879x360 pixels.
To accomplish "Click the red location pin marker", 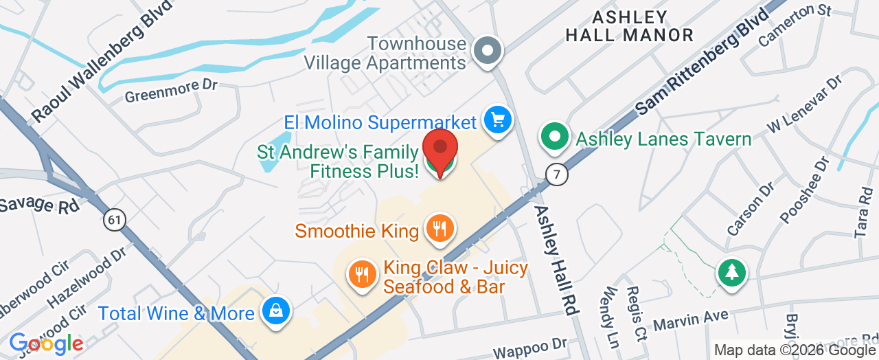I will point(440,148).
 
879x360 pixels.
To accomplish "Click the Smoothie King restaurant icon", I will point(439,227).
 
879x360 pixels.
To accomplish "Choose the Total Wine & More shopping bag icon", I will point(276,312).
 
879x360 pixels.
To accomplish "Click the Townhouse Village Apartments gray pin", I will point(488,50).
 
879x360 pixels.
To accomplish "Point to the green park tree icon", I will point(732,273).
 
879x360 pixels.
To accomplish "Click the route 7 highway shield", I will point(558,175).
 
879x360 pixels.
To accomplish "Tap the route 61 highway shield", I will point(115,220).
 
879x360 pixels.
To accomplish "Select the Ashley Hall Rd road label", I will point(555,260).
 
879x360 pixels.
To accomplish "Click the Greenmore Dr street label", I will point(171,91).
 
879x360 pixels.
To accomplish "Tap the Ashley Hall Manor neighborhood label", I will point(629,26).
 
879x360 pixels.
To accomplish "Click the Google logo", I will point(46,343).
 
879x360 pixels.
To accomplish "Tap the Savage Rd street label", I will point(39,205).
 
